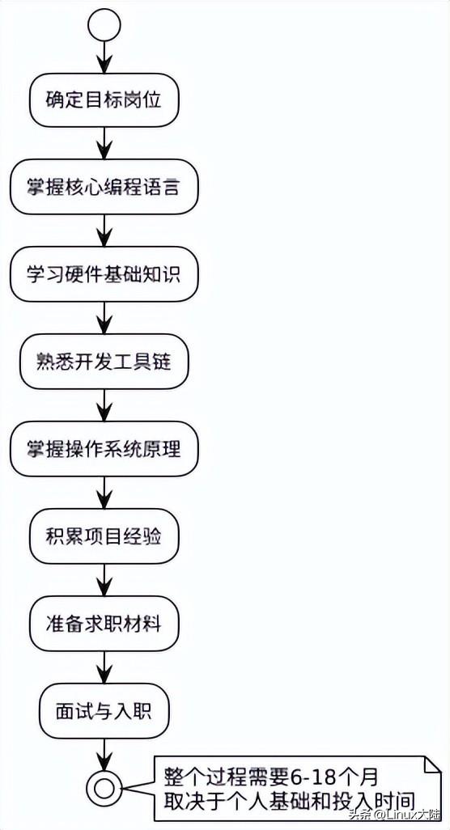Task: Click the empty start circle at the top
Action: pos(104,27)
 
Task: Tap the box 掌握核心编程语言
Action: pos(104,188)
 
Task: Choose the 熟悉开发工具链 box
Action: pos(104,362)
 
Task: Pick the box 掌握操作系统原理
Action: pos(104,448)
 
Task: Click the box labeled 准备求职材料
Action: pos(104,624)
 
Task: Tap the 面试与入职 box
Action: pos(104,711)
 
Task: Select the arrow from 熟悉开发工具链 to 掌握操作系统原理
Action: pos(104,405)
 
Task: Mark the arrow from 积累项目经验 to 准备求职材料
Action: pos(104,580)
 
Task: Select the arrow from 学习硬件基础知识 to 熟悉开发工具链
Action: pos(104,319)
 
